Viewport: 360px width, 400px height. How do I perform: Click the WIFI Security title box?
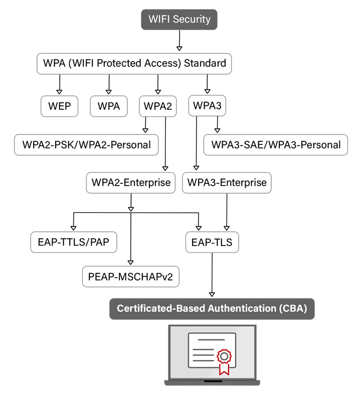[x=179, y=20]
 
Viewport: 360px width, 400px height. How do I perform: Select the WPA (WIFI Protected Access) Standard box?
[x=134, y=64]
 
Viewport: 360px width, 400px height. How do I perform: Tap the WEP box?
[x=59, y=106]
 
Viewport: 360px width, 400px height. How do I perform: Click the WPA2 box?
[x=157, y=106]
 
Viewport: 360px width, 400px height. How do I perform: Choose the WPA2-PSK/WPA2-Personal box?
[x=86, y=145]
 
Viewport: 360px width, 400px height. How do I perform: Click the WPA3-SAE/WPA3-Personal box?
[x=275, y=145]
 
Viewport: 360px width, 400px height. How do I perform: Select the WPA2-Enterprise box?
[x=131, y=183]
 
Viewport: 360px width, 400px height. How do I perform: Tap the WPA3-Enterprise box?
[x=227, y=183]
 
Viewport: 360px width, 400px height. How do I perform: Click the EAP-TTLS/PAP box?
[x=74, y=242]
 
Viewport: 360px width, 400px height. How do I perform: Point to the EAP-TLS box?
[x=212, y=242]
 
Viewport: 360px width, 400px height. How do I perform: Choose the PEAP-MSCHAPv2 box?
[x=131, y=276]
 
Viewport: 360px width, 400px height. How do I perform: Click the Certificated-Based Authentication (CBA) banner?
[x=212, y=308]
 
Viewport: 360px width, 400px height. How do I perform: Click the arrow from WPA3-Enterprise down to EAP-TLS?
[x=227, y=211]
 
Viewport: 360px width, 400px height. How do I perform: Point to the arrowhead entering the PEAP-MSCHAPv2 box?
[x=131, y=261]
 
